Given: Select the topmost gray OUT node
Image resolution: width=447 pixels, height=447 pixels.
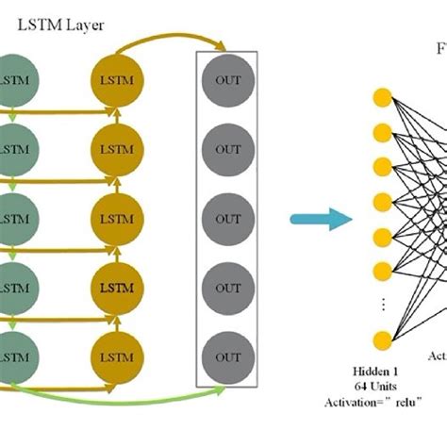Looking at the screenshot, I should pyautogui.click(x=227, y=79).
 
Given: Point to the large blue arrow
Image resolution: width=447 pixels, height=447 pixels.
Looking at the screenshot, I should pyautogui.click(x=321, y=220).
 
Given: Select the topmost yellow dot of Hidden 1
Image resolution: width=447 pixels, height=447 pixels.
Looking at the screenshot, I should pyautogui.click(x=382, y=96).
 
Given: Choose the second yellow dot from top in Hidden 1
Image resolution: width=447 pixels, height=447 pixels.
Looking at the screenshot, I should pyautogui.click(x=382, y=131).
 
